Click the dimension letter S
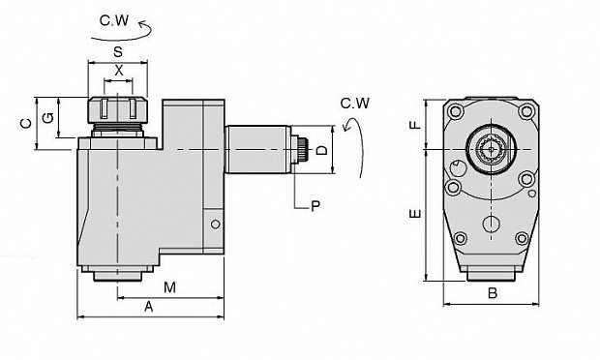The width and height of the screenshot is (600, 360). (118, 51)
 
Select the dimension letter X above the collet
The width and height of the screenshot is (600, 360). (119, 71)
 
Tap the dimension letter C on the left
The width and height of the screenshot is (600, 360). (26, 123)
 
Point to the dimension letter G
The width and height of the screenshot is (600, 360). (48, 117)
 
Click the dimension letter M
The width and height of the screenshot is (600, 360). (169, 287)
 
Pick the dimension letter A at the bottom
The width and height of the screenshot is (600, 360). (149, 307)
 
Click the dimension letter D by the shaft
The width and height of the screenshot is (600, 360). (322, 150)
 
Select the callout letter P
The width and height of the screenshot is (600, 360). (315, 206)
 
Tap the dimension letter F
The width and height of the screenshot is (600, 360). (415, 125)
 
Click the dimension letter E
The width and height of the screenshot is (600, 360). (415, 214)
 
